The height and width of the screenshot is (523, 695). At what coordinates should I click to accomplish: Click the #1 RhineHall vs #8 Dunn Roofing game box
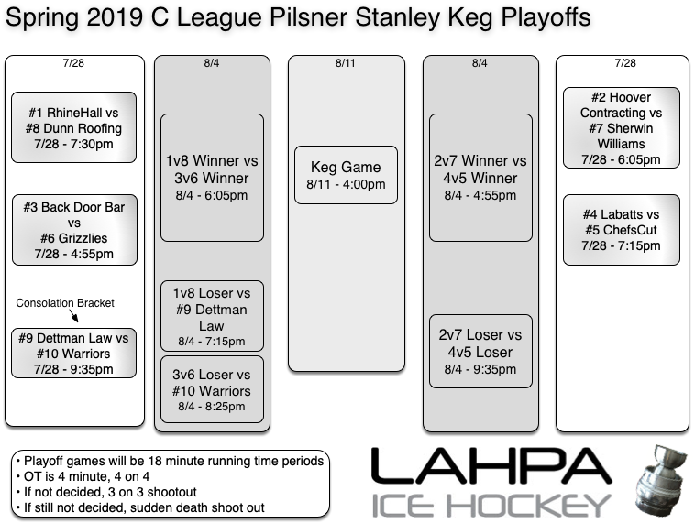pos(73,128)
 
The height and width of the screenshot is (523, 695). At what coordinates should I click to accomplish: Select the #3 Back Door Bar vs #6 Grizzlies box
pos(73,230)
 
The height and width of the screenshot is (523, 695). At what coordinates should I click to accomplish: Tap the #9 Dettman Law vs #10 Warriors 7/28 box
pos(73,354)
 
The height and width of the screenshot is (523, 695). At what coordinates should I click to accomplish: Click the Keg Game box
pos(347,175)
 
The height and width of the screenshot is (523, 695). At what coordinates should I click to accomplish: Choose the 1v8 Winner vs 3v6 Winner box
pos(212,178)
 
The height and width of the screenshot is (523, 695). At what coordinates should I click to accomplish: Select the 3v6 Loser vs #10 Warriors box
pos(212,390)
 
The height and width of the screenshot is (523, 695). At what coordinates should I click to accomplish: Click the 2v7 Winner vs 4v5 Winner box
pos(480,178)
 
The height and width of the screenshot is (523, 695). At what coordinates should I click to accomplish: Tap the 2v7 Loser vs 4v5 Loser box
pos(480,352)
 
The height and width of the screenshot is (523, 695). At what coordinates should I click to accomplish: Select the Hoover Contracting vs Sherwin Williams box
pos(621,128)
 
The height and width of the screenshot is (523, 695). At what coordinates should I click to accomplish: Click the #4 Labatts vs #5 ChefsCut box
pos(621,229)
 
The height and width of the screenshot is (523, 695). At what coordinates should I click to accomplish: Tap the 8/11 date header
pos(346,64)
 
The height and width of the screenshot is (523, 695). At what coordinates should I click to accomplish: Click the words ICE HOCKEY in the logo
pos(491,505)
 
